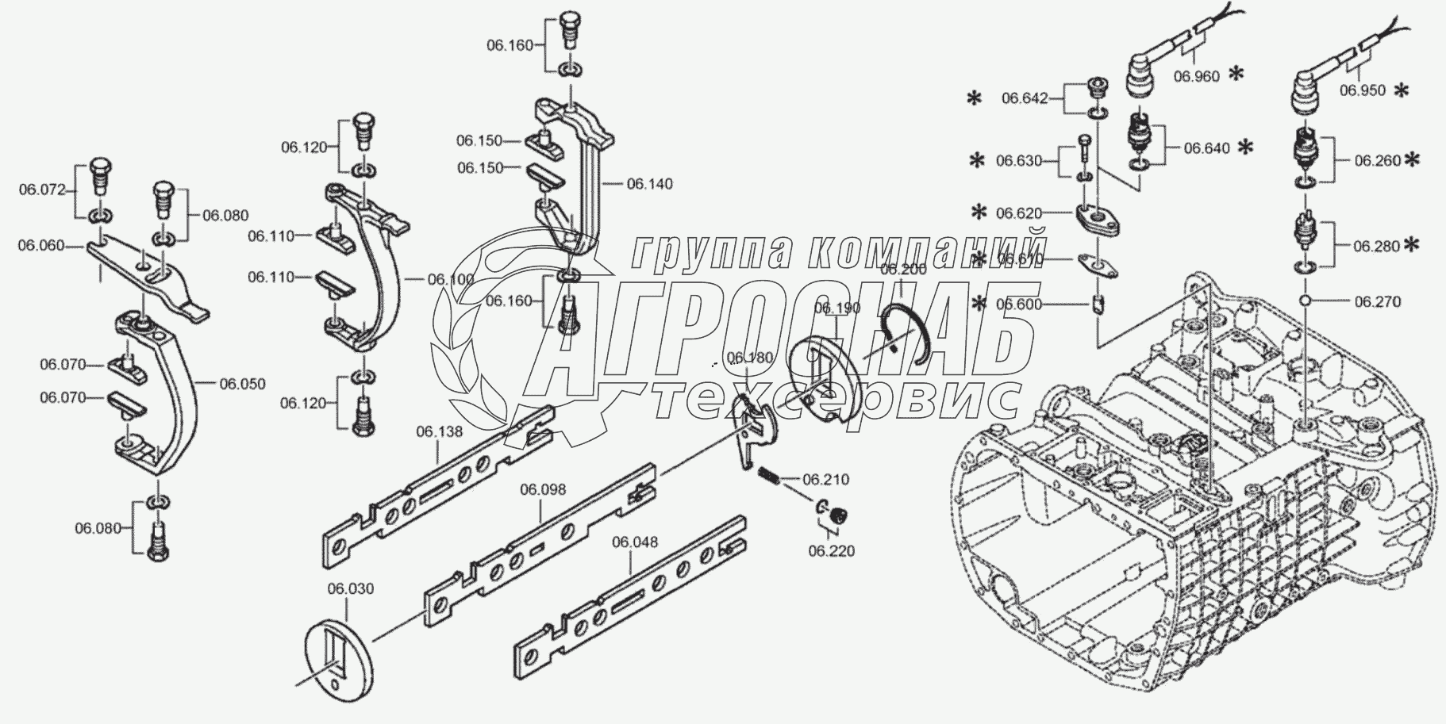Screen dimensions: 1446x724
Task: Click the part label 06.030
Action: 350,589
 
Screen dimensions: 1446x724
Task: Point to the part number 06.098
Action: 543,489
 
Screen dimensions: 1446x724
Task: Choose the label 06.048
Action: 634,542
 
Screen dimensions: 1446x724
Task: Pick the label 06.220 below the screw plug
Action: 832,550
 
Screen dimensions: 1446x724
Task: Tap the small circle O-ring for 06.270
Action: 1306,301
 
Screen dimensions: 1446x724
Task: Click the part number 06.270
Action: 1378,301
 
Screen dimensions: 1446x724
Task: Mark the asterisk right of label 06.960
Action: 1236,74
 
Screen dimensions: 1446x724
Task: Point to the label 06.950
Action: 1363,90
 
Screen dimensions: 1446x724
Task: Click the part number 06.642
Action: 1025,98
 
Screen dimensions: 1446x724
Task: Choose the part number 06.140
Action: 649,184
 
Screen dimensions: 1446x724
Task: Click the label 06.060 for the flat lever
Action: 41,246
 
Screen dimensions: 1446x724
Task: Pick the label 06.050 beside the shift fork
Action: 243,384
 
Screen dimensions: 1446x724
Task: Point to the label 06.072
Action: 41,190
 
